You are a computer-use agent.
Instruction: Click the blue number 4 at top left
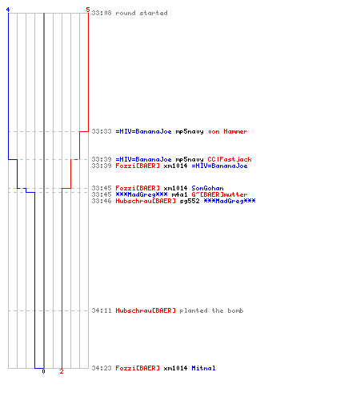coord(8,10)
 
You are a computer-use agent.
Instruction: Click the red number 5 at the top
coord(88,10)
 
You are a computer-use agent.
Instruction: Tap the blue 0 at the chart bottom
coord(43,371)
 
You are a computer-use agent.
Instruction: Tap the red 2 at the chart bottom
coord(62,371)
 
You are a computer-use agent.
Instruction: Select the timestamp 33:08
coord(102,13)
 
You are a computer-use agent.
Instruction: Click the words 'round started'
coord(142,13)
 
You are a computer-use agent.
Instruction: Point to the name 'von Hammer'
coord(228,131)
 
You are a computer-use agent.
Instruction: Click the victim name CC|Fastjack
coord(230,159)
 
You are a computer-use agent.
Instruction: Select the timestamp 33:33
coord(102,131)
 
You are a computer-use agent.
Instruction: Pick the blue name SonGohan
coord(207,188)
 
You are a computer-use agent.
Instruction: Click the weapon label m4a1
coord(179,194)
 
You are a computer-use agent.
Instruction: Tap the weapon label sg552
coord(190,201)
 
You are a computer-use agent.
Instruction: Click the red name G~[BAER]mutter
coord(219,194)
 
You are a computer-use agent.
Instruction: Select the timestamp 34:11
coord(102,310)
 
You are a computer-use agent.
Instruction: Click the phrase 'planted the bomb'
coord(211,310)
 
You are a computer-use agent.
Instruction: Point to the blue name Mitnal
coord(203,368)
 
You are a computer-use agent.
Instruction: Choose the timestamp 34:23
coord(102,368)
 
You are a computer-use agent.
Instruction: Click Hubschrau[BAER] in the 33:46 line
coord(146,201)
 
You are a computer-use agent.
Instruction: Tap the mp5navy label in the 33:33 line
coord(190,131)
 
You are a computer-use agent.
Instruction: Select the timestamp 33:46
coord(102,201)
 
